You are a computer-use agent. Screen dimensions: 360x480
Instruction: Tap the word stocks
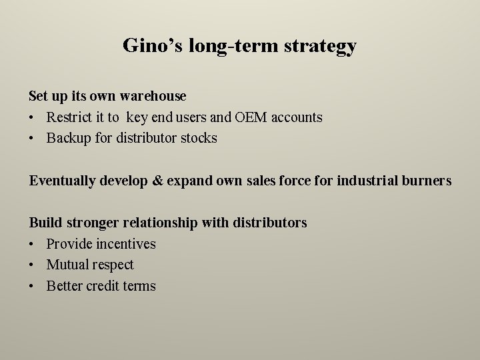pyautogui.click(x=199, y=139)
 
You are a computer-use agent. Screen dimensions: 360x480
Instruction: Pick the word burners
pyautogui.click(x=427, y=181)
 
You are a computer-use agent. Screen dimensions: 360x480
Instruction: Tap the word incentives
pyautogui.click(x=126, y=244)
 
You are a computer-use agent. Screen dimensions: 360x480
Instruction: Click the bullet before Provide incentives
pyautogui.click(x=32, y=244)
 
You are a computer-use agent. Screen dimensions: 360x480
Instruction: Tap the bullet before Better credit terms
pyautogui.click(x=32, y=286)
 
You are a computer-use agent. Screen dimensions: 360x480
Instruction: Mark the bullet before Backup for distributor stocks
pyautogui.click(x=32, y=139)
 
